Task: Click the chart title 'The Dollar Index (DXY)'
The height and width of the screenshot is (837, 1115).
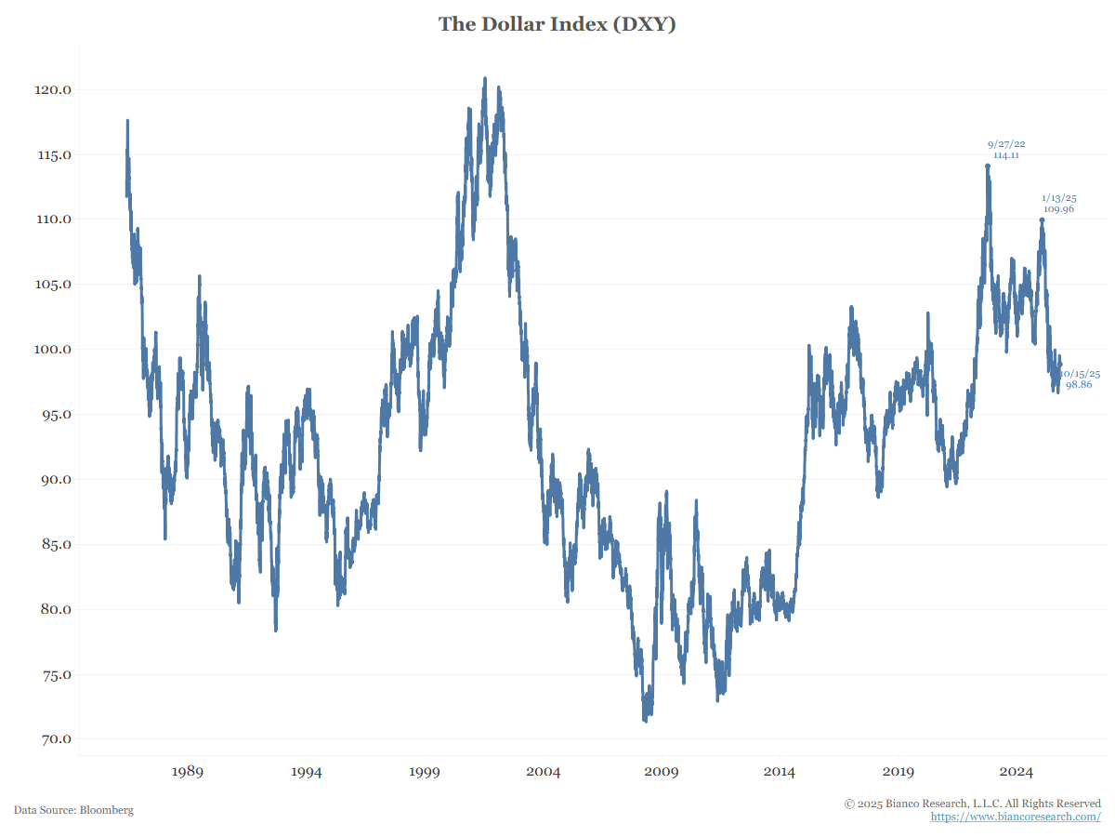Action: (557, 24)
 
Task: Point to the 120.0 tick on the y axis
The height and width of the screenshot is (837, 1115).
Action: (54, 90)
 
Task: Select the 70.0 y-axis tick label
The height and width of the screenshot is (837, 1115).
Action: (54, 740)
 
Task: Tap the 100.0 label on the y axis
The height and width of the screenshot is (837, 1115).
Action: (54, 350)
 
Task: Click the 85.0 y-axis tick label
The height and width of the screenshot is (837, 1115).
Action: (54, 545)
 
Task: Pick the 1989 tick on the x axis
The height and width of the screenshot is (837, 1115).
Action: (188, 772)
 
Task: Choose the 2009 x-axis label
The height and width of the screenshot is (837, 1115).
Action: (662, 772)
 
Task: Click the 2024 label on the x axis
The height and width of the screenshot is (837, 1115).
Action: (1017, 772)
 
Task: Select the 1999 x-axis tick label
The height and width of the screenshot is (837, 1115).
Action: (425, 772)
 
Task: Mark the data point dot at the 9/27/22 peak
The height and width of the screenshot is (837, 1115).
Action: (988, 166)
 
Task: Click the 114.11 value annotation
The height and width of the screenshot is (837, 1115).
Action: (1006, 155)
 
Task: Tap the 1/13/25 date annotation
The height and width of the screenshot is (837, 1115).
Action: (1059, 198)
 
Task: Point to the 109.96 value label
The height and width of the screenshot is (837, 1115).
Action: (1058, 209)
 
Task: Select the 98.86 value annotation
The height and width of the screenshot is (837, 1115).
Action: (1079, 384)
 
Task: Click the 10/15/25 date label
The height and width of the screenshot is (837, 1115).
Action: (1081, 373)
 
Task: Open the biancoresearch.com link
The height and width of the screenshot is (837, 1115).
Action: (1016, 817)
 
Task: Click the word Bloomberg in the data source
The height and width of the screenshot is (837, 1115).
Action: (107, 810)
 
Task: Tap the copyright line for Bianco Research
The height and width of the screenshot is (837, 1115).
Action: (972, 804)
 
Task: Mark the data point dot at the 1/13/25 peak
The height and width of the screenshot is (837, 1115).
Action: (1042, 220)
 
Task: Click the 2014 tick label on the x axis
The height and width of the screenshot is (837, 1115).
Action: (780, 772)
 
